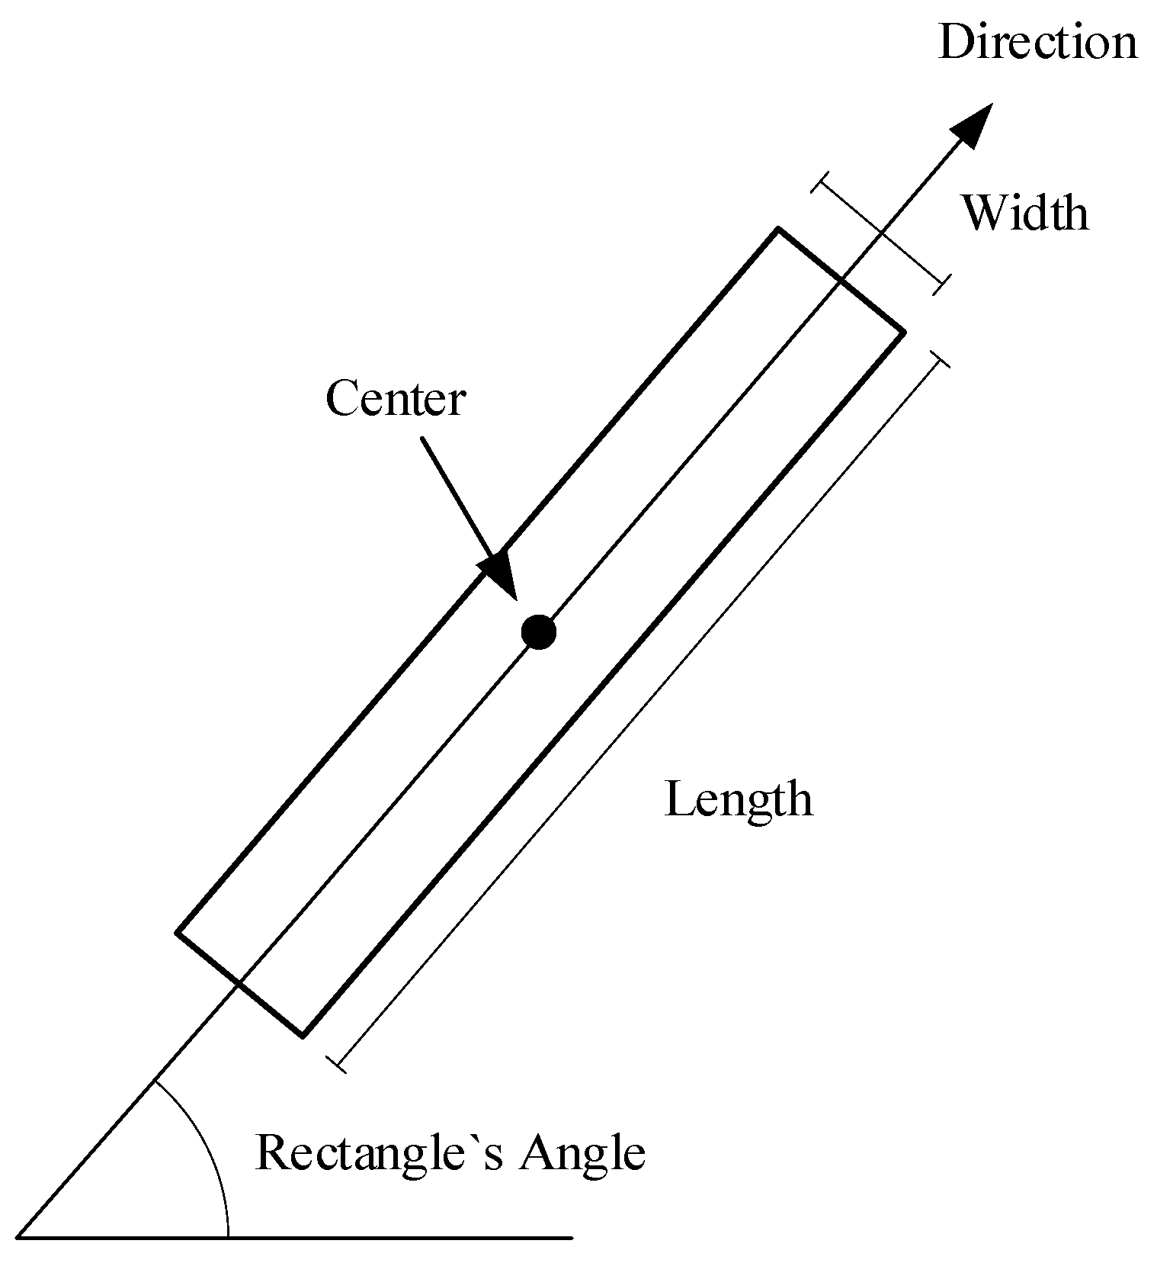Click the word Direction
[x=1037, y=42]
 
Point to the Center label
[x=395, y=399]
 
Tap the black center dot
[x=539, y=631]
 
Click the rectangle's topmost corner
[x=777, y=229]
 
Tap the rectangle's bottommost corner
[x=303, y=1036]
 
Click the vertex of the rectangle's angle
[x=18, y=1237]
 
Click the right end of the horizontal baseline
[x=571, y=1237]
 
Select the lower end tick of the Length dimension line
[x=336, y=1065]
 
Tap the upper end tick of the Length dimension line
[x=940, y=359]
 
